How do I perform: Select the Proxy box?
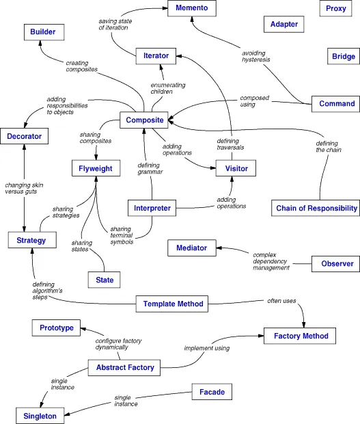[335, 8]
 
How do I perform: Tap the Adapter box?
[284, 24]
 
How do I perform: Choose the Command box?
[337, 104]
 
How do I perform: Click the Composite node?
[144, 120]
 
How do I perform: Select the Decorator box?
[24, 137]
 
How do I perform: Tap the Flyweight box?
[95, 168]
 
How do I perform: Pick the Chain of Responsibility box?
[316, 208]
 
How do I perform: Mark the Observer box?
[337, 263]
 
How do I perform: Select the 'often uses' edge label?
[281, 301]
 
